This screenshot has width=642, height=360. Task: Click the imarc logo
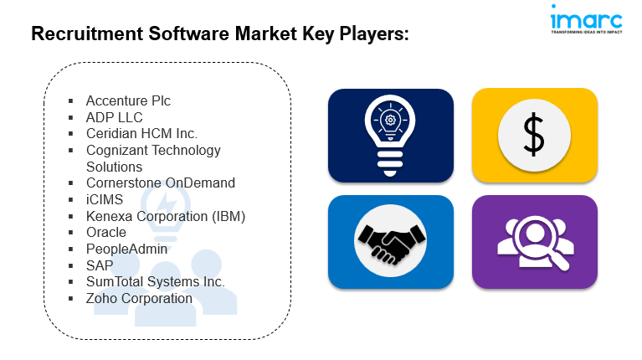[x=586, y=19]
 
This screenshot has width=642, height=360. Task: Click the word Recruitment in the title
[x=87, y=33]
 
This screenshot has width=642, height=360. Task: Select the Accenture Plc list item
[x=128, y=100]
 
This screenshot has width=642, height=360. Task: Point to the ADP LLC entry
[x=114, y=117]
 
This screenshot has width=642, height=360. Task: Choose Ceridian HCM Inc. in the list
[x=141, y=133]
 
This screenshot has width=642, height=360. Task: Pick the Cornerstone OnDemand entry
[x=161, y=183]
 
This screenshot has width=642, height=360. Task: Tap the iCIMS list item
[x=105, y=199]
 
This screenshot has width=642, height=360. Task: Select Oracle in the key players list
[x=106, y=232]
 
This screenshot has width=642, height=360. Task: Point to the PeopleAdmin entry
[x=126, y=249]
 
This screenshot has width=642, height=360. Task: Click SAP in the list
[x=100, y=265]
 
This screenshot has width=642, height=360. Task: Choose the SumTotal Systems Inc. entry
[x=155, y=282]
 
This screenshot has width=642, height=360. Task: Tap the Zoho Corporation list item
[x=139, y=299]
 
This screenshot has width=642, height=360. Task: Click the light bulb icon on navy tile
[x=390, y=135]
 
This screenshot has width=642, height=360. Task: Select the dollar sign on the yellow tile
[x=534, y=135]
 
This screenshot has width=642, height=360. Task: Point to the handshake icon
[x=391, y=242]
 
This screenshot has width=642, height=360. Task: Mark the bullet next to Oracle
[x=71, y=232]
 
